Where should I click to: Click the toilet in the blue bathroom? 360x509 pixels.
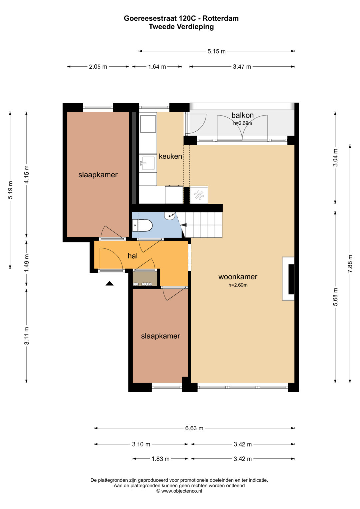tap(143, 225)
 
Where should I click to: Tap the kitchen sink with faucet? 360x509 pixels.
tap(148, 163)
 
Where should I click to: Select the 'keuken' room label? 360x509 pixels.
tap(170, 156)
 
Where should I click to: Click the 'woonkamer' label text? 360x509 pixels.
tap(238, 277)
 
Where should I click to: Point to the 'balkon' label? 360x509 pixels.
tap(243, 115)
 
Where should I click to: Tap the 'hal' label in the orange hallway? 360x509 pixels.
tap(133, 256)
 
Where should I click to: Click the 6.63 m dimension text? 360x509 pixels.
tap(194, 428)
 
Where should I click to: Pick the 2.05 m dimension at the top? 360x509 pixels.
tap(98, 67)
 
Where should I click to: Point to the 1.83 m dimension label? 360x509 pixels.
tap(160, 459)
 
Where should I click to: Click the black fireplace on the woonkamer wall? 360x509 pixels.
tap(291, 279)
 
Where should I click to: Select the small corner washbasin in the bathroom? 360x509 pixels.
tap(170, 216)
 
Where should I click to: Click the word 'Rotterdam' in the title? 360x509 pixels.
tap(220, 18)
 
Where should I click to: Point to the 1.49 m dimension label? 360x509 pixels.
tap(27, 263)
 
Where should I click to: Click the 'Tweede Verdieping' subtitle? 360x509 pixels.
tap(181, 27)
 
